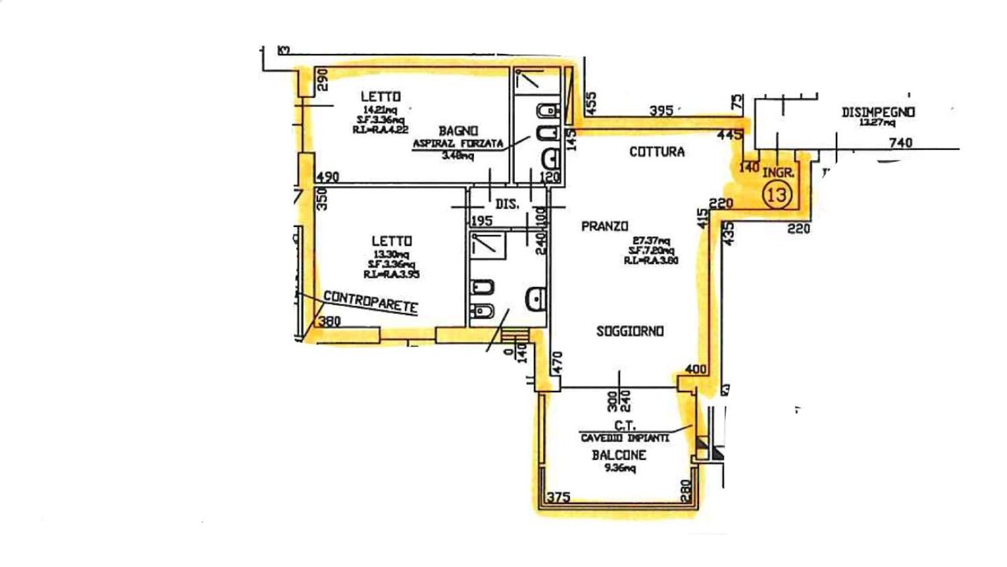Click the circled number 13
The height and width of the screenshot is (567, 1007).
click(777, 195)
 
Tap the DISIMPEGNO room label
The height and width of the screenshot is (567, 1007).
click(878, 112)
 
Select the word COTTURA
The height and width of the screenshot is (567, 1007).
click(657, 152)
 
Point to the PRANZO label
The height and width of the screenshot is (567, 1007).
click(604, 226)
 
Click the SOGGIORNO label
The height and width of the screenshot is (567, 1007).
click(630, 331)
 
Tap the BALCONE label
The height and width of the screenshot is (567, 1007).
click(619, 455)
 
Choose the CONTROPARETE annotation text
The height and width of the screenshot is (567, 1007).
click(371, 302)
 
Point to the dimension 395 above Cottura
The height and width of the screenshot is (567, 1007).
click(661, 110)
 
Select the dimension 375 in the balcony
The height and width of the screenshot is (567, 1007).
click(559, 497)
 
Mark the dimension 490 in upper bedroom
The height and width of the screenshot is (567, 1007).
click(327, 177)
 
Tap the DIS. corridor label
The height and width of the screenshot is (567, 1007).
click(507, 204)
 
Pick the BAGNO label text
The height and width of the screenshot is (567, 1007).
click(459, 130)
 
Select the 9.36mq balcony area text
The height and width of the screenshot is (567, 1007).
click(619, 468)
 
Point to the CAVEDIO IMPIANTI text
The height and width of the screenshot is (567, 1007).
click(624, 439)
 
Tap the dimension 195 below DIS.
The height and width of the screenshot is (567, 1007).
click(482, 220)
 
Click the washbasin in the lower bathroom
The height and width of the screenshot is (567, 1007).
click(536, 298)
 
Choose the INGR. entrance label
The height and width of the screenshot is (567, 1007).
click(778, 173)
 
